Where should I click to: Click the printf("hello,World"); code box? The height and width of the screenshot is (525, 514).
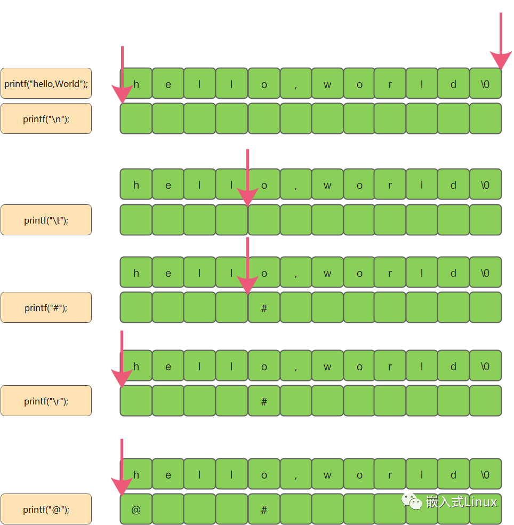coord(46,83)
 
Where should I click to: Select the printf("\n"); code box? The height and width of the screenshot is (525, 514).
coord(46,118)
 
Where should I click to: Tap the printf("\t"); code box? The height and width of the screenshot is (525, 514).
coord(46,220)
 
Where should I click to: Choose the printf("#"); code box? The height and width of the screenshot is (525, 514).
coord(46,307)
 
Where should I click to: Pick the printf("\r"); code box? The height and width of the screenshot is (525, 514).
coord(46,401)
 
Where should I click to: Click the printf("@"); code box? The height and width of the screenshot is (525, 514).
coord(46,509)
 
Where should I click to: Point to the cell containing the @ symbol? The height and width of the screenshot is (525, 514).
coord(136,509)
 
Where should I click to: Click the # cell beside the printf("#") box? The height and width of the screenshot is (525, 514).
coord(264,307)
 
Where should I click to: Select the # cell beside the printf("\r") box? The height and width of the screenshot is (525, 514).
coord(264,401)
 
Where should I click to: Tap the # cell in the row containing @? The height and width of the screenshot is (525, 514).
coord(264,509)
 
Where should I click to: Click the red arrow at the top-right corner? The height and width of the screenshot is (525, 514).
coord(501,41)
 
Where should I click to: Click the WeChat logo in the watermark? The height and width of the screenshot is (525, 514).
coord(412,502)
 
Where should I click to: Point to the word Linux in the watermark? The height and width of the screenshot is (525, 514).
coord(480,502)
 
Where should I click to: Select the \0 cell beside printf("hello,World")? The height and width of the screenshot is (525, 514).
coord(485,83)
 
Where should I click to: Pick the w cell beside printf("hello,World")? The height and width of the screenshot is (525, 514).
coord(327,83)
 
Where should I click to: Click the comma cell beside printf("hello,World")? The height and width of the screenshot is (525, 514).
coord(296,83)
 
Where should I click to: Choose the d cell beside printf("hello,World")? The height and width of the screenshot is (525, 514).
coord(453,83)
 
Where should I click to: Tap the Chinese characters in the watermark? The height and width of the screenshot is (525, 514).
coord(445,502)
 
